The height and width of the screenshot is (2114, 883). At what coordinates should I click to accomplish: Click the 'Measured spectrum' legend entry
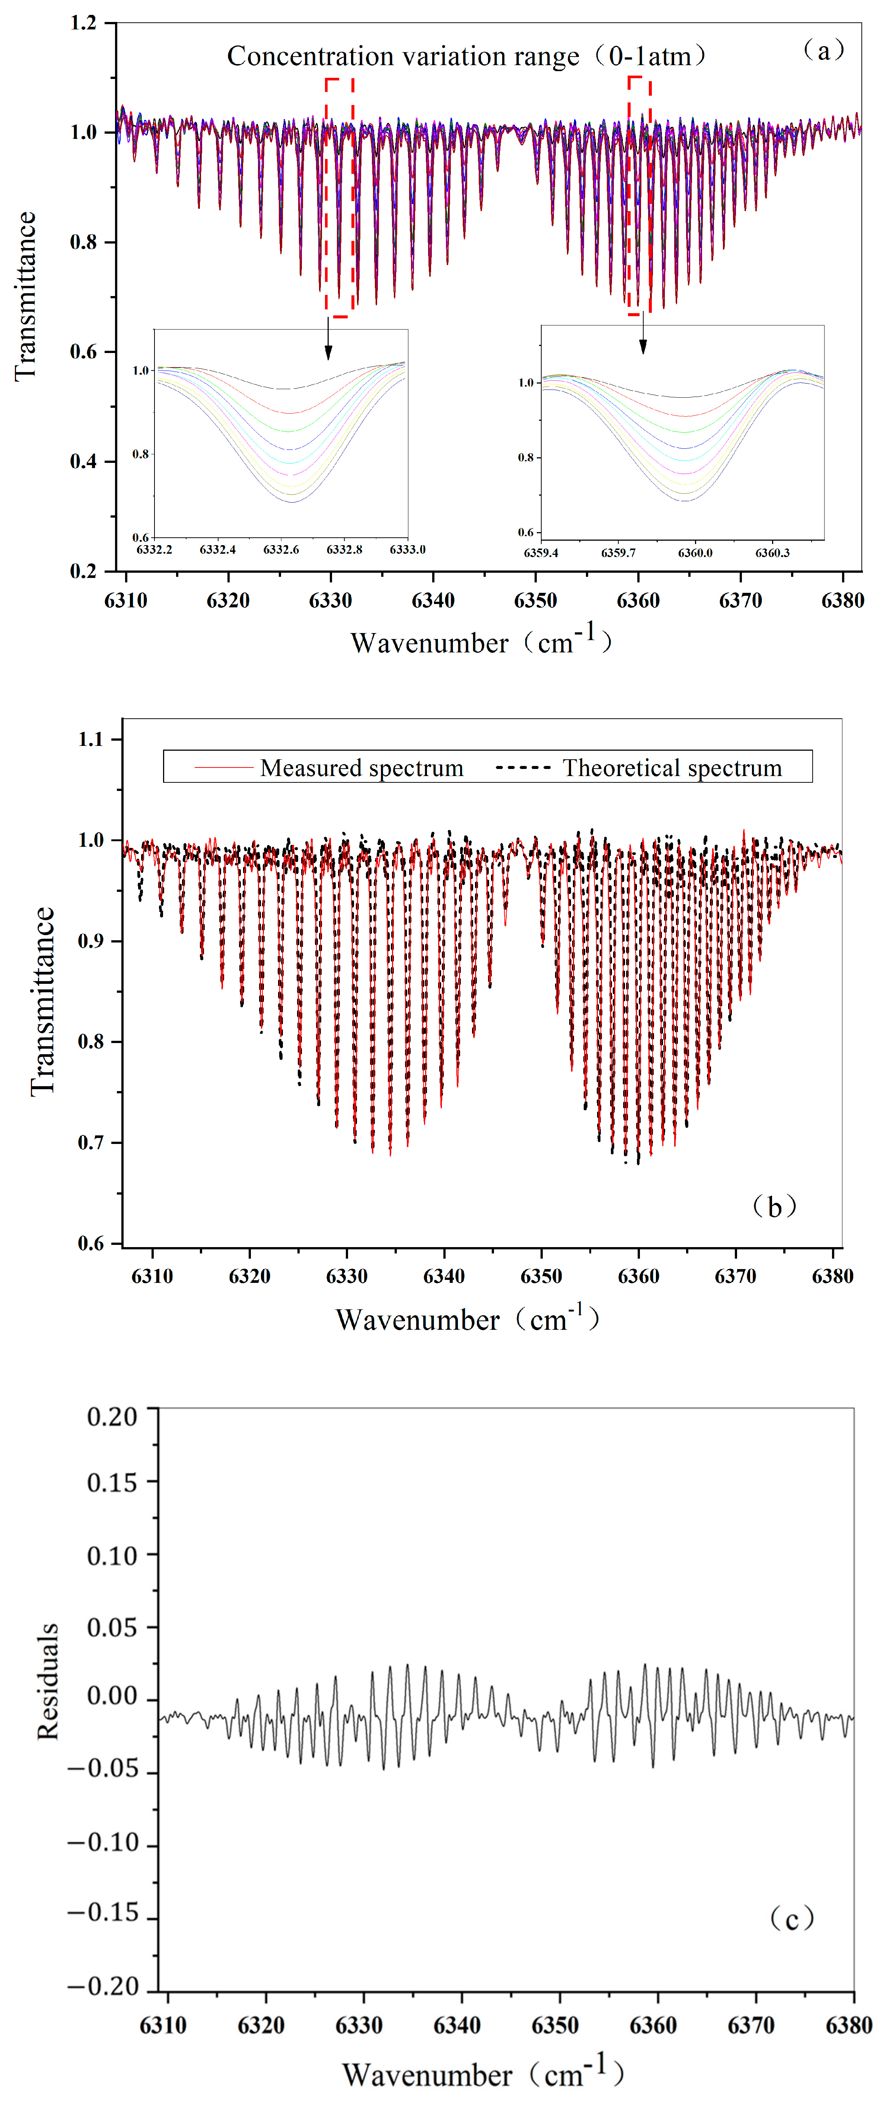point(361,768)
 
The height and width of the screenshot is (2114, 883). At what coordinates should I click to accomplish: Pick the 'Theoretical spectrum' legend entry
point(671,768)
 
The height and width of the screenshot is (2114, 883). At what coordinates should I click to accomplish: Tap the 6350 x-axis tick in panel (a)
point(535,601)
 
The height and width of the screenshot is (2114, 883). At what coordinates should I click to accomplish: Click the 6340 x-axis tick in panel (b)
point(444,1276)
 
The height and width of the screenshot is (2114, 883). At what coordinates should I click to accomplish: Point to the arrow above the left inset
point(328,338)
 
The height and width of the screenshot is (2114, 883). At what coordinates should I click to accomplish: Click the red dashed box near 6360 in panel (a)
point(639,195)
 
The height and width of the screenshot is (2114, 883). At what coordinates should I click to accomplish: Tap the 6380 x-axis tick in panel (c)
point(848,2025)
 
